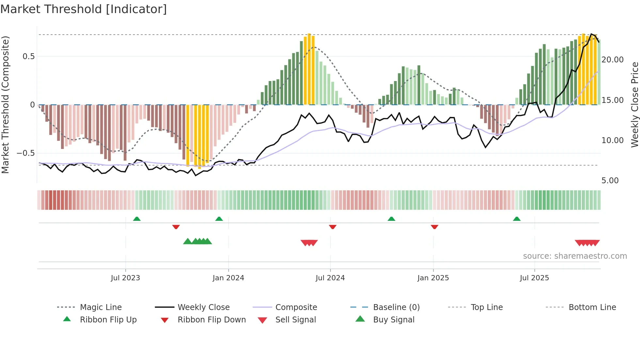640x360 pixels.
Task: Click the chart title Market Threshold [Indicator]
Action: tap(84, 9)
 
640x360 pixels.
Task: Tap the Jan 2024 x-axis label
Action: tap(228, 278)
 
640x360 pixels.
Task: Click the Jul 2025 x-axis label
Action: tap(534, 278)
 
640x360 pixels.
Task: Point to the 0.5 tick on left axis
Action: tap(29, 57)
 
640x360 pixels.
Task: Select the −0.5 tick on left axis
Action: tap(26, 153)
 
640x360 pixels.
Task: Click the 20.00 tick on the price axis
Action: tap(612, 60)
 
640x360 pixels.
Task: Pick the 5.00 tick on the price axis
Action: tap(610, 181)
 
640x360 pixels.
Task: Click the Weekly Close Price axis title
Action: tap(634, 105)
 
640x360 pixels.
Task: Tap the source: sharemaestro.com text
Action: tap(575, 256)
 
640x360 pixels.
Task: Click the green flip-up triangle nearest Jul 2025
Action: tap(517, 219)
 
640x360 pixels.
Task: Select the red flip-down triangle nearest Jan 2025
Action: tap(434, 227)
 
